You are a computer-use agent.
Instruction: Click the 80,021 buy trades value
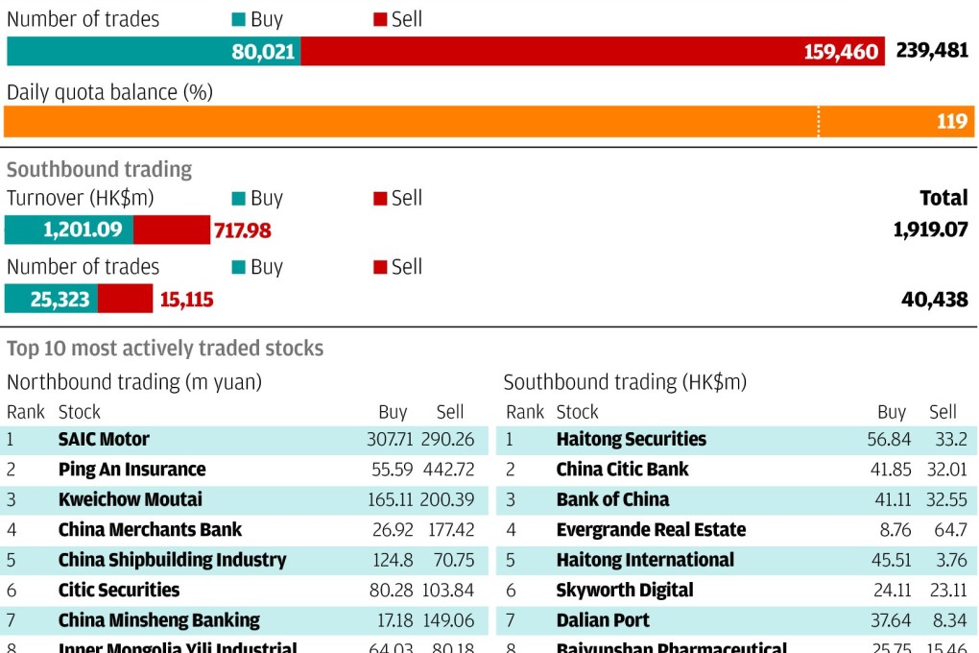click(x=263, y=52)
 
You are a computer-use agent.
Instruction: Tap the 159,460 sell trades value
click(x=842, y=52)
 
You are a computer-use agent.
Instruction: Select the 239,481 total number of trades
click(x=932, y=51)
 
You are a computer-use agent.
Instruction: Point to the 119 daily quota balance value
click(x=952, y=122)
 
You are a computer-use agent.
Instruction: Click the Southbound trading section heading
click(x=100, y=170)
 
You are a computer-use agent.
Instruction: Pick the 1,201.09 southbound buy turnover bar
click(x=69, y=230)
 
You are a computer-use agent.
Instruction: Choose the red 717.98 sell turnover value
click(x=242, y=230)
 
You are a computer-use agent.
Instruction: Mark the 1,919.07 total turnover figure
click(x=930, y=230)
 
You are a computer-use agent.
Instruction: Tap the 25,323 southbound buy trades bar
click(x=52, y=300)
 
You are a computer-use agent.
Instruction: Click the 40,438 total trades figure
click(x=935, y=300)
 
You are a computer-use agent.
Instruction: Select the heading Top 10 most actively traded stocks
click(x=165, y=349)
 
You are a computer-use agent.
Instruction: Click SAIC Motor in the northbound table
click(x=104, y=440)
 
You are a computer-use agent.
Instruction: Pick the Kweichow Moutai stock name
click(x=130, y=499)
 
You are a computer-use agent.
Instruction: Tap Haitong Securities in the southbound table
click(x=631, y=440)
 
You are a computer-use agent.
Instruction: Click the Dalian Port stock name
click(x=603, y=620)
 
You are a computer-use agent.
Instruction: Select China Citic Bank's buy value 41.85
click(x=889, y=470)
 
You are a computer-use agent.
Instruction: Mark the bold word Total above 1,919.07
click(x=943, y=198)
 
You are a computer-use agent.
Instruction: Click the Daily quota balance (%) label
click(x=109, y=92)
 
